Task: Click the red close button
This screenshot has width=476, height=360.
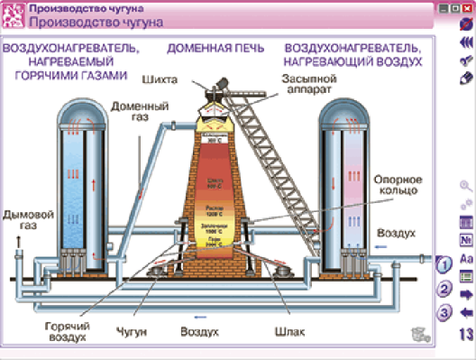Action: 467,7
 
